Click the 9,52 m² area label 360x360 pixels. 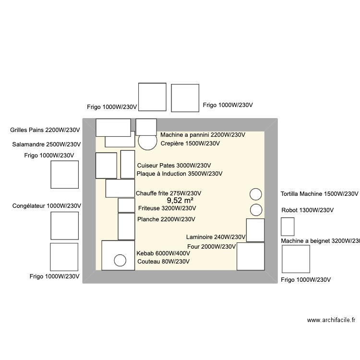click(180, 201)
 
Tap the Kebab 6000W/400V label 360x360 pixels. click(163, 253)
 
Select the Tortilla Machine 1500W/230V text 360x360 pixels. click(319, 194)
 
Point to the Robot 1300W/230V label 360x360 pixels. click(307, 210)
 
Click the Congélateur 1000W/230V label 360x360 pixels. click(47, 206)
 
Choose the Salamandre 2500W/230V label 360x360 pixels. click(46, 144)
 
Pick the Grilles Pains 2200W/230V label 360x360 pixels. click(45, 130)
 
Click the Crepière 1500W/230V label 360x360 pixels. click(190, 144)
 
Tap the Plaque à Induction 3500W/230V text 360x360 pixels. click(180, 174)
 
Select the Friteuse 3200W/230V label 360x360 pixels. click(167, 208)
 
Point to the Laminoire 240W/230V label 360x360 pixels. click(216, 237)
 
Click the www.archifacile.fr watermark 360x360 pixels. click(331, 320)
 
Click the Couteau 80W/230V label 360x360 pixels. click(163, 262)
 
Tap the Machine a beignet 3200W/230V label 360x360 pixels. click(320, 241)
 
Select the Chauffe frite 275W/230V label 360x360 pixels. click(168, 193)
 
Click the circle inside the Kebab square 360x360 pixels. click(120, 260)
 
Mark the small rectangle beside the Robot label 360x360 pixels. click(288, 227)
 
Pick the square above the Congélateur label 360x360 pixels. click(65, 174)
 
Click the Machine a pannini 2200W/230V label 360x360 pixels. click(203, 135)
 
